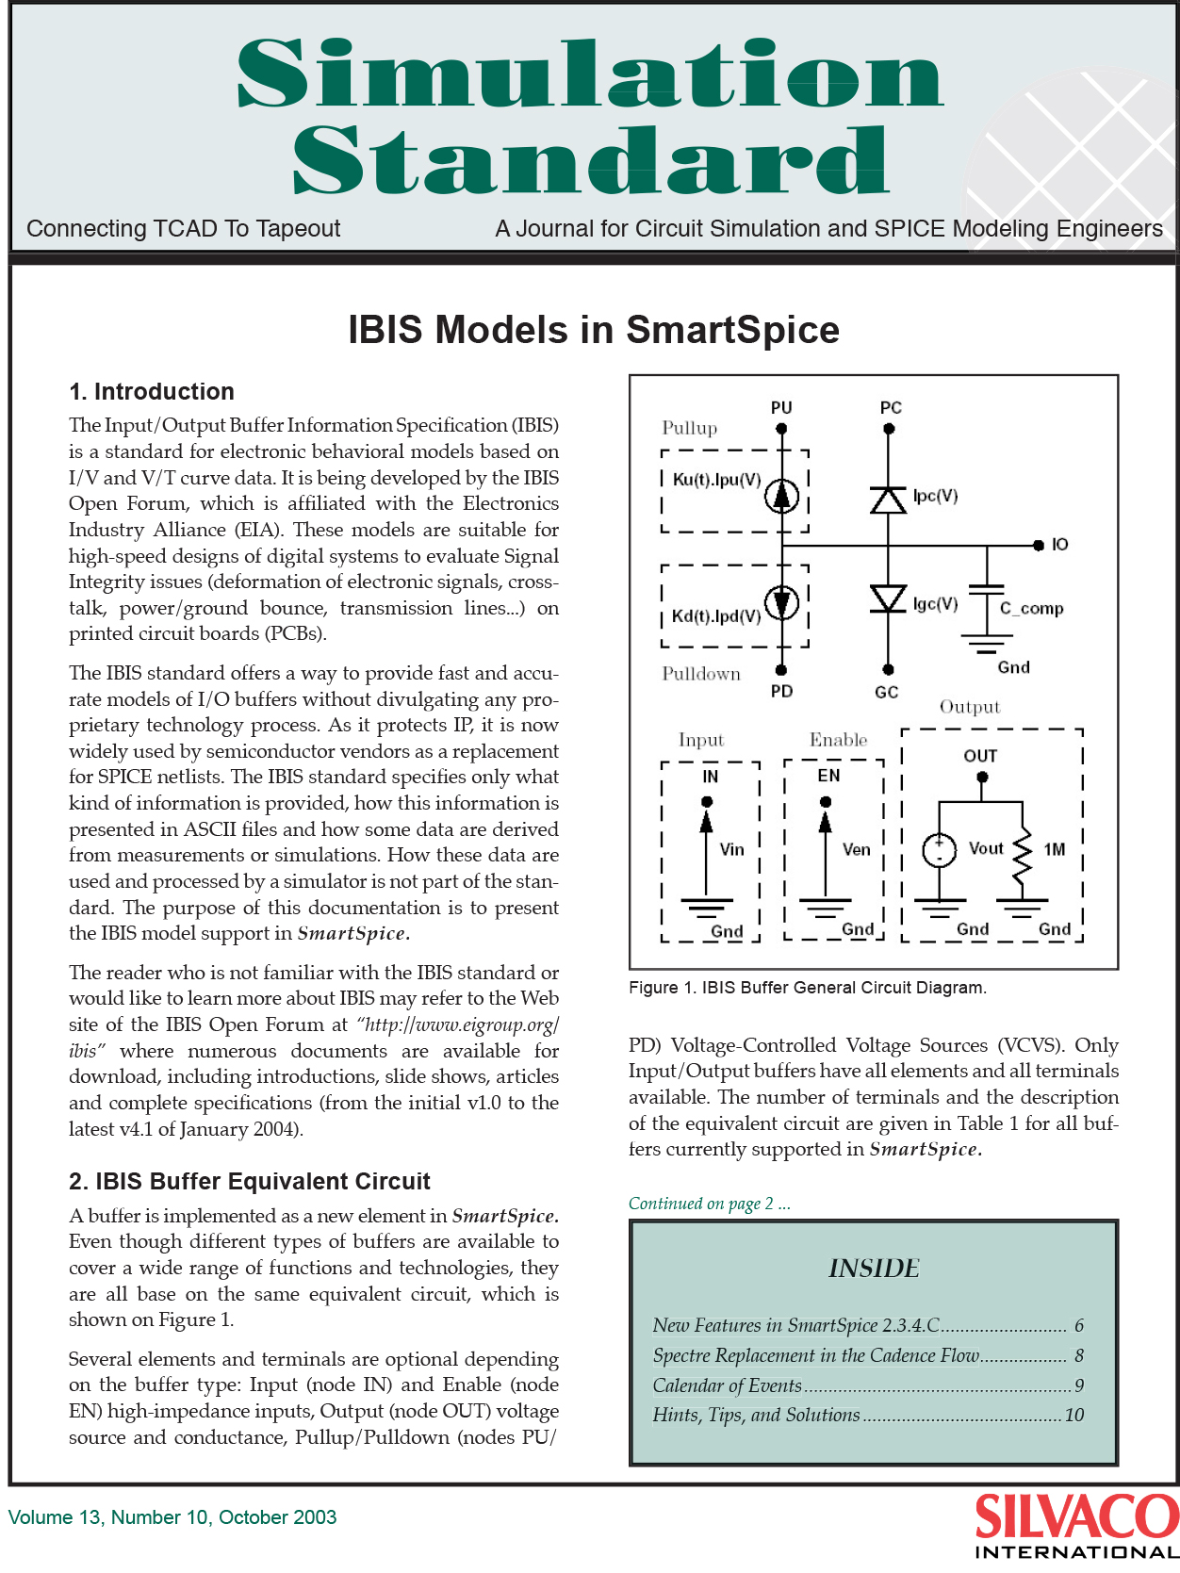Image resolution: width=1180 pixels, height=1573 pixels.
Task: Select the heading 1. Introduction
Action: [152, 392]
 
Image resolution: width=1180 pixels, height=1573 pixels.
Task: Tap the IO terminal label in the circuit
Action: [1059, 545]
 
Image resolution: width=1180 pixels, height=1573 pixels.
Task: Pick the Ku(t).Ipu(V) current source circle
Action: [781, 496]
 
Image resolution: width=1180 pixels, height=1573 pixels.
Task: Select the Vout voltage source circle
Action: [939, 850]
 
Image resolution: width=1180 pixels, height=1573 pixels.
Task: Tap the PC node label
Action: [891, 408]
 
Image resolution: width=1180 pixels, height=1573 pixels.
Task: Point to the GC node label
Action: [886, 692]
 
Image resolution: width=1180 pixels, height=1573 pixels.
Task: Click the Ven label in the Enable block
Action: [856, 850]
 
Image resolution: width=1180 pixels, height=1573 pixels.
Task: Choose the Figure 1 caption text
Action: [807, 988]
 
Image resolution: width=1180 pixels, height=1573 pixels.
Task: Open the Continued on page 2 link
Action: [709, 1204]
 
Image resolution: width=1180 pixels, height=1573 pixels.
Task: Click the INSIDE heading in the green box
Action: [874, 1269]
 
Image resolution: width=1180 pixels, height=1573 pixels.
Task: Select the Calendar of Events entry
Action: [727, 1385]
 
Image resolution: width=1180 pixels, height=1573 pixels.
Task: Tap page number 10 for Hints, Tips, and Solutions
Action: [1073, 1416]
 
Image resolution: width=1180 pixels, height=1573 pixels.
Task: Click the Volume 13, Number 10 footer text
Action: [172, 1517]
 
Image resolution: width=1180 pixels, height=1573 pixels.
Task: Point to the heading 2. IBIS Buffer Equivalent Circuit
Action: [250, 1182]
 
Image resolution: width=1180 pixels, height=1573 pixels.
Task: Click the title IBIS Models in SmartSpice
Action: [594, 331]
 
